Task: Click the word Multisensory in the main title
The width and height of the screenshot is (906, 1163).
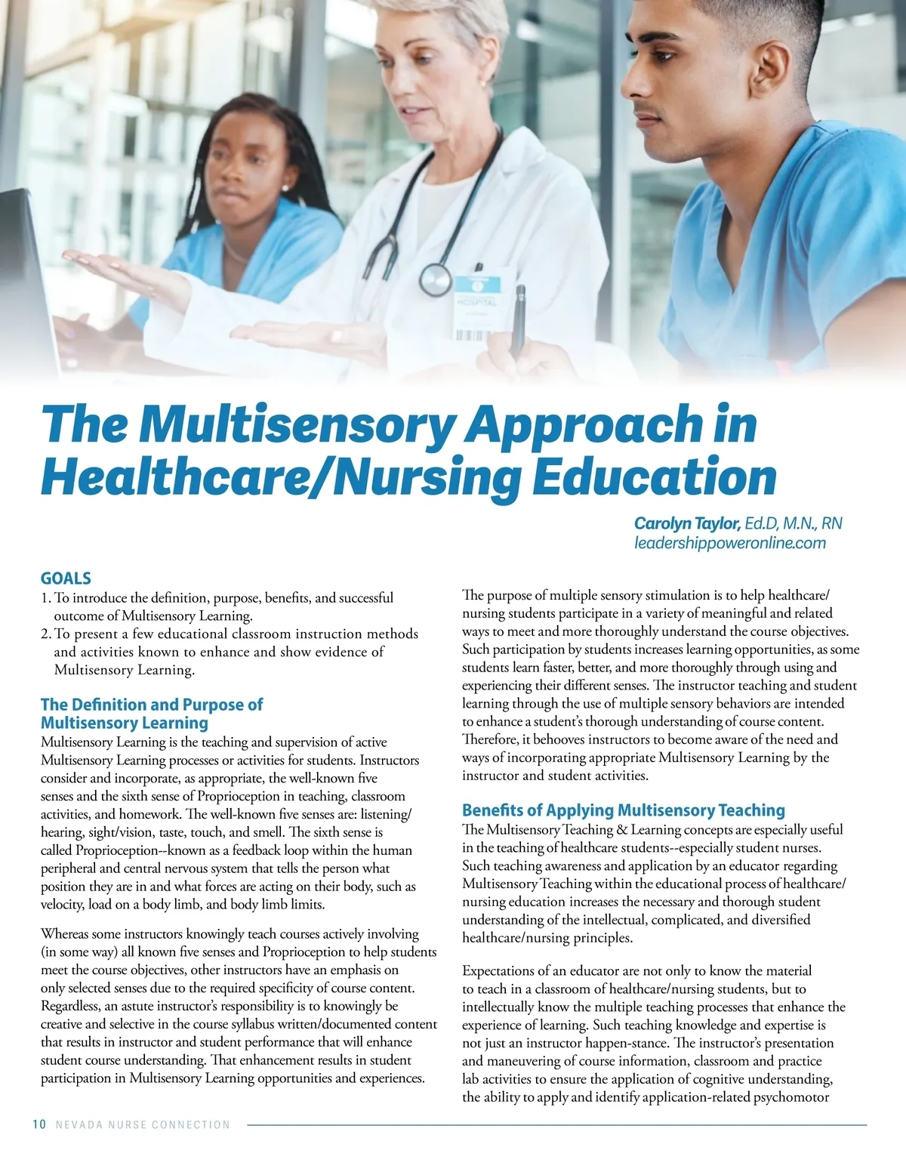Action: pos(295,425)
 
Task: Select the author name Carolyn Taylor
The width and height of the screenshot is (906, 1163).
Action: pos(686,523)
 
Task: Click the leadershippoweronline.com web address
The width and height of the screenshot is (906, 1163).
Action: pos(729,543)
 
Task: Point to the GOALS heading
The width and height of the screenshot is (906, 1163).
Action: pos(66,578)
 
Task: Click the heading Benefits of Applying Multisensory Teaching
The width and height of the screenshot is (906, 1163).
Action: pos(623,810)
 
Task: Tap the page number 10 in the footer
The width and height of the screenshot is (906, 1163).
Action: pos(39,1124)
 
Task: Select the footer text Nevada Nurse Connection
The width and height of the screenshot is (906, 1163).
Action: pos(143,1124)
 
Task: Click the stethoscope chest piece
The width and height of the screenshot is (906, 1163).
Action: pos(435,279)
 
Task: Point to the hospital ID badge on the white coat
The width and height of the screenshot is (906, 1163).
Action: pos(476,306)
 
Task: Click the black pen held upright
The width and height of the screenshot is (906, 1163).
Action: pos(519,321)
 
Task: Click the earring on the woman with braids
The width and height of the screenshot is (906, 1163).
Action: pos(284,187)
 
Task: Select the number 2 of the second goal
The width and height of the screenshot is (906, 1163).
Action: pos(45,634)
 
